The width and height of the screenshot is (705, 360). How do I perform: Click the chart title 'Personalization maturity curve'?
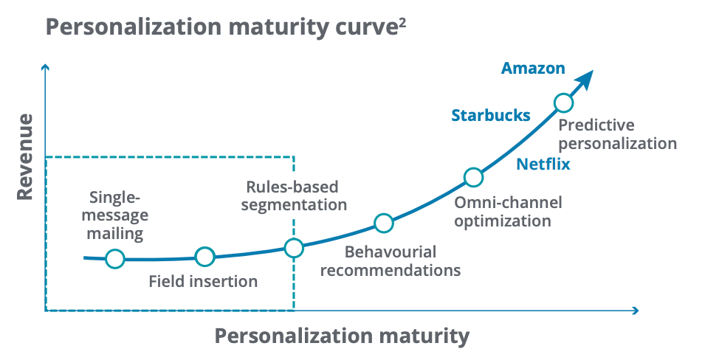pyautogui.click(x=220, y=28)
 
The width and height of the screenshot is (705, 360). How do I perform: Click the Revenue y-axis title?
pyautogui.click(x=25, y=157)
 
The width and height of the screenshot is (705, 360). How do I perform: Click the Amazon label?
pyautogui.click(x=533, y=69)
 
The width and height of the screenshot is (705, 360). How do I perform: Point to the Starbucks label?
pyautogui.click(x=491, y=116)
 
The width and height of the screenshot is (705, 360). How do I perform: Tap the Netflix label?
pyautogui.click(x=543, y=164)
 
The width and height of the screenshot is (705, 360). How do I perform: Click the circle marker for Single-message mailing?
pyautogui.click(x=115, y=259)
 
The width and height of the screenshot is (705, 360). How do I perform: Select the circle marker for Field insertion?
pyautogui.click(x=204, y=257)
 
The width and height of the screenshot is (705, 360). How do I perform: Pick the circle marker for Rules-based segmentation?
pyautogui.click(x=294, y=248)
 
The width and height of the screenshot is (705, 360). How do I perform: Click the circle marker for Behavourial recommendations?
pyautogui.click(x=384, y=223)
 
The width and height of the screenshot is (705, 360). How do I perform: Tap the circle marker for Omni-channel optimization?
pyautogui.click(x=473, y=177)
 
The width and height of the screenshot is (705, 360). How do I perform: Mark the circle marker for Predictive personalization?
pyautogui.click(x=563, y=103)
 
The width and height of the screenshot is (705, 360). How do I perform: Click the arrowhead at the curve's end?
pyautogui.click(x=585, y=80)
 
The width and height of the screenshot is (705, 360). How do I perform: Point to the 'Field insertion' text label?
pyautogui.click(x=203, y=281)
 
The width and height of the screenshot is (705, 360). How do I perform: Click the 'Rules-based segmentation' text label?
pyautogui.click(x=294, y=196)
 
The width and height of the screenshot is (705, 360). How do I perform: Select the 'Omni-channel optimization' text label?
pyautogui.click(x=508, y=212)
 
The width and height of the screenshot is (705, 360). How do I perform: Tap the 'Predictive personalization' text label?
pyautogui.click(x=617, y=134)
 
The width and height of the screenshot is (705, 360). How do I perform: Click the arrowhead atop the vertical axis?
pyautogui.click(x=45, y=68)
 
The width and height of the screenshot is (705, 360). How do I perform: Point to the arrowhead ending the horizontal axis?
pyautogui.click(x=636, y=311)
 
